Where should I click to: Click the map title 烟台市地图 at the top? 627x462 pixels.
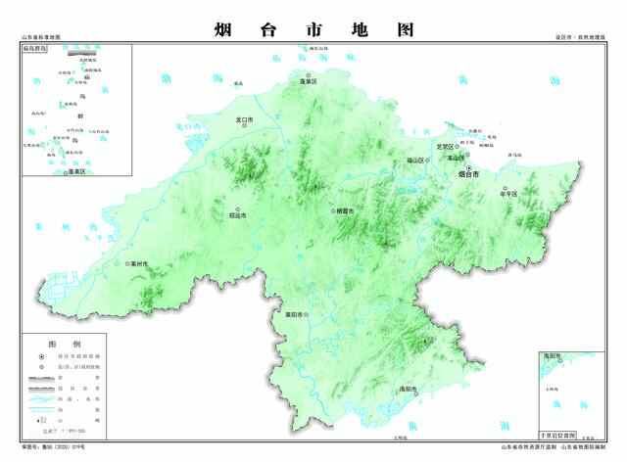tap(313, 29)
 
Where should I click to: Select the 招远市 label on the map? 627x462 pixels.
tap(238, 214)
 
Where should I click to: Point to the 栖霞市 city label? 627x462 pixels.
tap(344, 210)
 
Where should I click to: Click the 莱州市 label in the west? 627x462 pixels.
tap(136, 264)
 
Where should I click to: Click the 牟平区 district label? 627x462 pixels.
tap(507, 193)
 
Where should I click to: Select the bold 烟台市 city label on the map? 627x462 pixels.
tap(468, 175)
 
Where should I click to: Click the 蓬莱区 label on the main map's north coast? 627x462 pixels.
tap(311, 82)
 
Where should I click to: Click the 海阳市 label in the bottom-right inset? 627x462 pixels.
tap(551, 356)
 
